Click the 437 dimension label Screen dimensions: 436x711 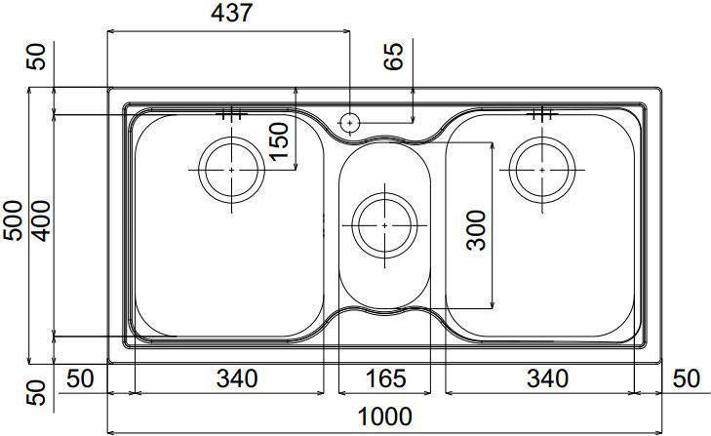tap(231, 13)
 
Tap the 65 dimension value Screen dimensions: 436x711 tap(394, 58)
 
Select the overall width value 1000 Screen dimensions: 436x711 tap(384, 416)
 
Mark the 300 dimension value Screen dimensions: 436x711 tap(477, 230)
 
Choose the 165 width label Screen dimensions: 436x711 tap(384, 377)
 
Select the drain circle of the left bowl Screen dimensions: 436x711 tap(231, 170)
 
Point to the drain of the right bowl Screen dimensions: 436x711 tap(540, 170)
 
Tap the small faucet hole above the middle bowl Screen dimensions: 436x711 tap(349, 123)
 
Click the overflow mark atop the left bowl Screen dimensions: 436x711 tap(231, 113)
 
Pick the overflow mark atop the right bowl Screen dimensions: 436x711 tap(540, 113)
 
